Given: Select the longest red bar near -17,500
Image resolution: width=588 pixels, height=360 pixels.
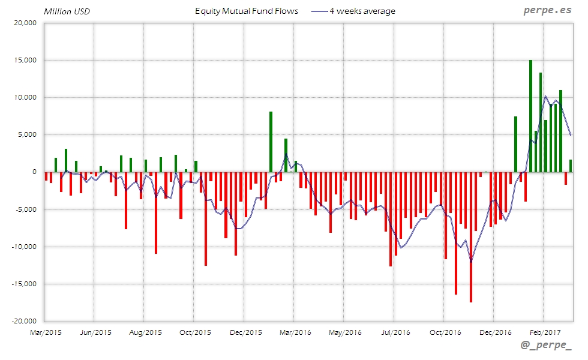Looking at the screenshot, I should [471, 237].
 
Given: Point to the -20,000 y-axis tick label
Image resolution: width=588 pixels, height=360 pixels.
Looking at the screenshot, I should [25, 321].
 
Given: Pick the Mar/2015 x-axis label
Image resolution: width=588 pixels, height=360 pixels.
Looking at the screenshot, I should [46, 332].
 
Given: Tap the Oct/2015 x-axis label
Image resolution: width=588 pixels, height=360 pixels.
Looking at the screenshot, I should [195, 332].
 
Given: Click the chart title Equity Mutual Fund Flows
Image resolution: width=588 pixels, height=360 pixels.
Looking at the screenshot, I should [247, 11].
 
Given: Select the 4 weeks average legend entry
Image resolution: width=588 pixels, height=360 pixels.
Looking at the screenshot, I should [354, 11].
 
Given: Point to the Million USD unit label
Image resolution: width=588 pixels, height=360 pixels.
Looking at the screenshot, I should [67, 11].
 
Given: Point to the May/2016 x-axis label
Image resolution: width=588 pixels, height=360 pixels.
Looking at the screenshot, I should [344, 332].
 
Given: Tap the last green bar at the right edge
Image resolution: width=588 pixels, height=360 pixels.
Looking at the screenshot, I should [571, 166].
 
